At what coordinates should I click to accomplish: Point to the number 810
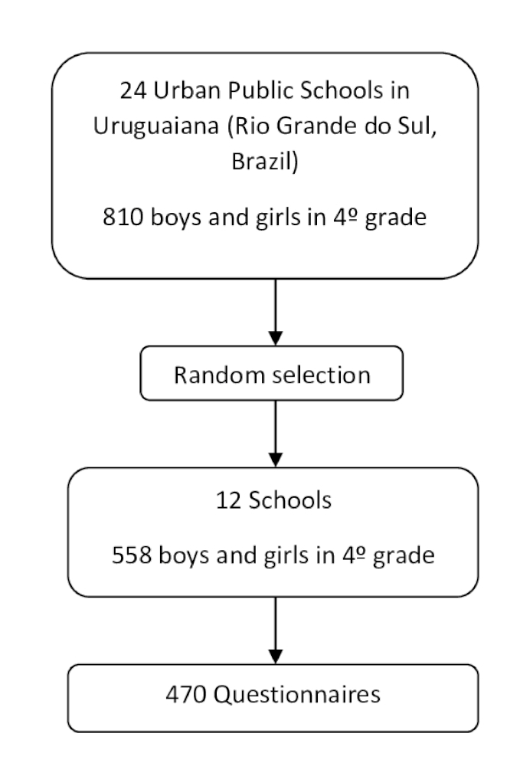point(119,218)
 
